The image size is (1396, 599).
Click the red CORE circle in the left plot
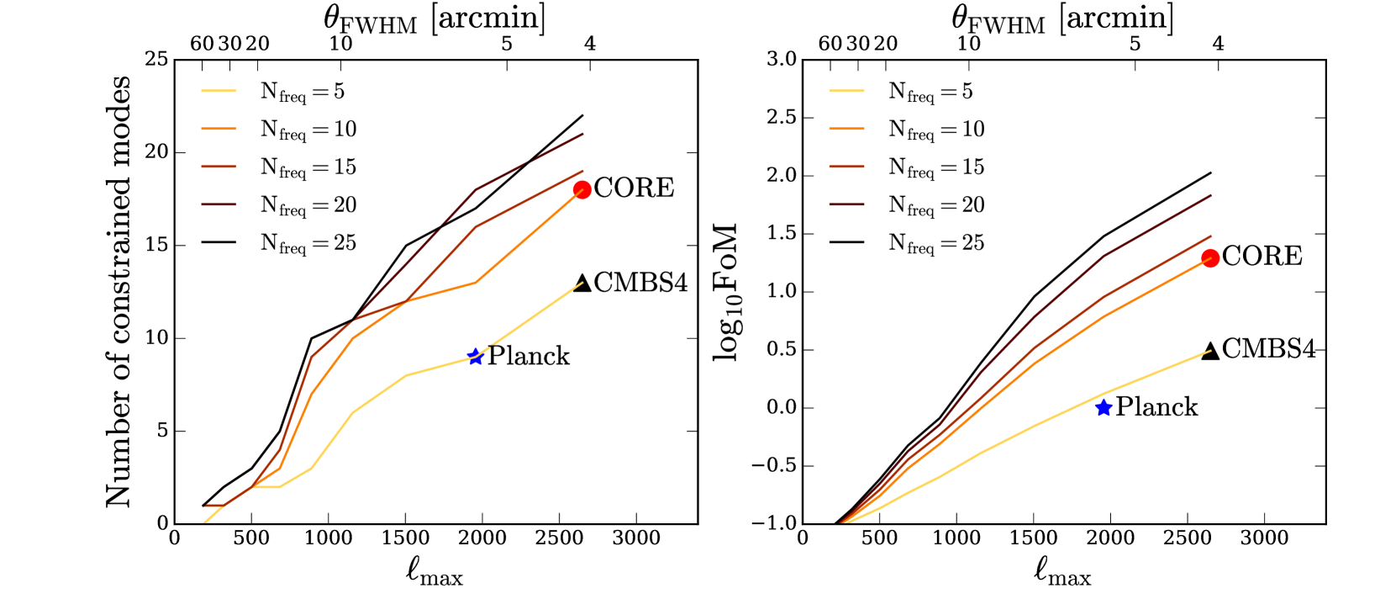(582, 189)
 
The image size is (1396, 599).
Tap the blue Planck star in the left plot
(476, 357)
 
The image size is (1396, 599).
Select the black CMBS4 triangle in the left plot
(582, 284)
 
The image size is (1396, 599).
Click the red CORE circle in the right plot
(1210, 258)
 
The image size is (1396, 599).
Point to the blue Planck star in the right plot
(1104, 408)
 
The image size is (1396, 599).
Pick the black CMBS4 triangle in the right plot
(1210, 351)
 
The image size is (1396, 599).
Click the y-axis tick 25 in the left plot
(156, 59)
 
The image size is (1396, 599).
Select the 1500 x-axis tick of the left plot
(405, 538)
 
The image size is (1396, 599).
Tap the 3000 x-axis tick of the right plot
(1264, 538)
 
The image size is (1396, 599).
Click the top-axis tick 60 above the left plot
(202, 44)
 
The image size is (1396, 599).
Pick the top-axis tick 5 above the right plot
(1135, 44)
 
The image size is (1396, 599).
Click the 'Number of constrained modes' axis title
(118, 291)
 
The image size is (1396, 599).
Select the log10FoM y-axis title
(726, 291)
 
